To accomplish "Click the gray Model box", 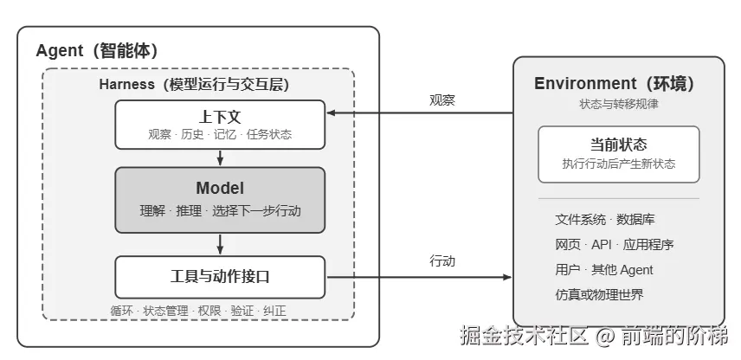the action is point(220,200).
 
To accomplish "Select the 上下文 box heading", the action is point(220,117).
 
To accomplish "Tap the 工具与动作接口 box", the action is point(220,277).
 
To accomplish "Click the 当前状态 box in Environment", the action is point(619,154).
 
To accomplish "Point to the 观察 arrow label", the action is point(442,100).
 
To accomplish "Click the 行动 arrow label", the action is point(442,260).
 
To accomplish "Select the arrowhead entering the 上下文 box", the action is point(332,112).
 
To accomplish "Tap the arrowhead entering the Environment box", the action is point(507,277).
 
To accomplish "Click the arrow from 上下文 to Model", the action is point(220,157).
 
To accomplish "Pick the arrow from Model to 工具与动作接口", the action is point(220,244).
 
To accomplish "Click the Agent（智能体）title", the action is point(97,50).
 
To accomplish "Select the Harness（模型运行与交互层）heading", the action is point(194,85).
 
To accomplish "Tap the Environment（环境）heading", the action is point(615,84).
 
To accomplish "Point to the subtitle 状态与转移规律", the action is point(619,104).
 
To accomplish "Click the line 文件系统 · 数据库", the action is point(605,220).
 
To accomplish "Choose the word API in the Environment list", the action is point(602,245).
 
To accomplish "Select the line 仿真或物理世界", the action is point(599,295).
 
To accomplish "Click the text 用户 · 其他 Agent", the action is point(604,270).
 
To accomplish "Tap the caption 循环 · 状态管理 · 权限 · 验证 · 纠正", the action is point(198,311).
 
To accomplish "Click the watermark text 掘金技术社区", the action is point(525,336).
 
